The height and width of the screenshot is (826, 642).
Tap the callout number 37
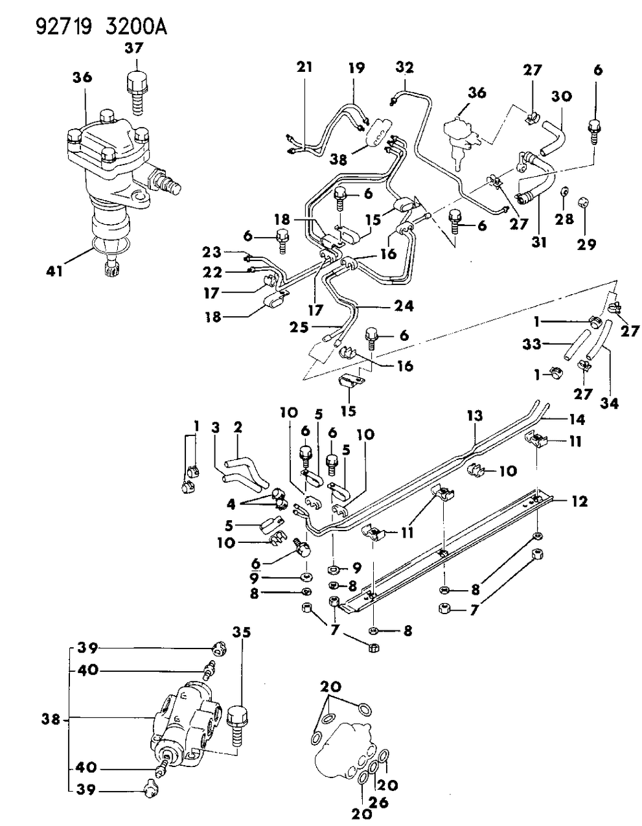point(135,48)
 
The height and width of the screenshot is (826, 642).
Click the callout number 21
point(305,66)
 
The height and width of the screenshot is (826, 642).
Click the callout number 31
point(539,242)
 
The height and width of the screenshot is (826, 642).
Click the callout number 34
point(609,403)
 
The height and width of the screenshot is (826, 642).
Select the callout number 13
point(475,415)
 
